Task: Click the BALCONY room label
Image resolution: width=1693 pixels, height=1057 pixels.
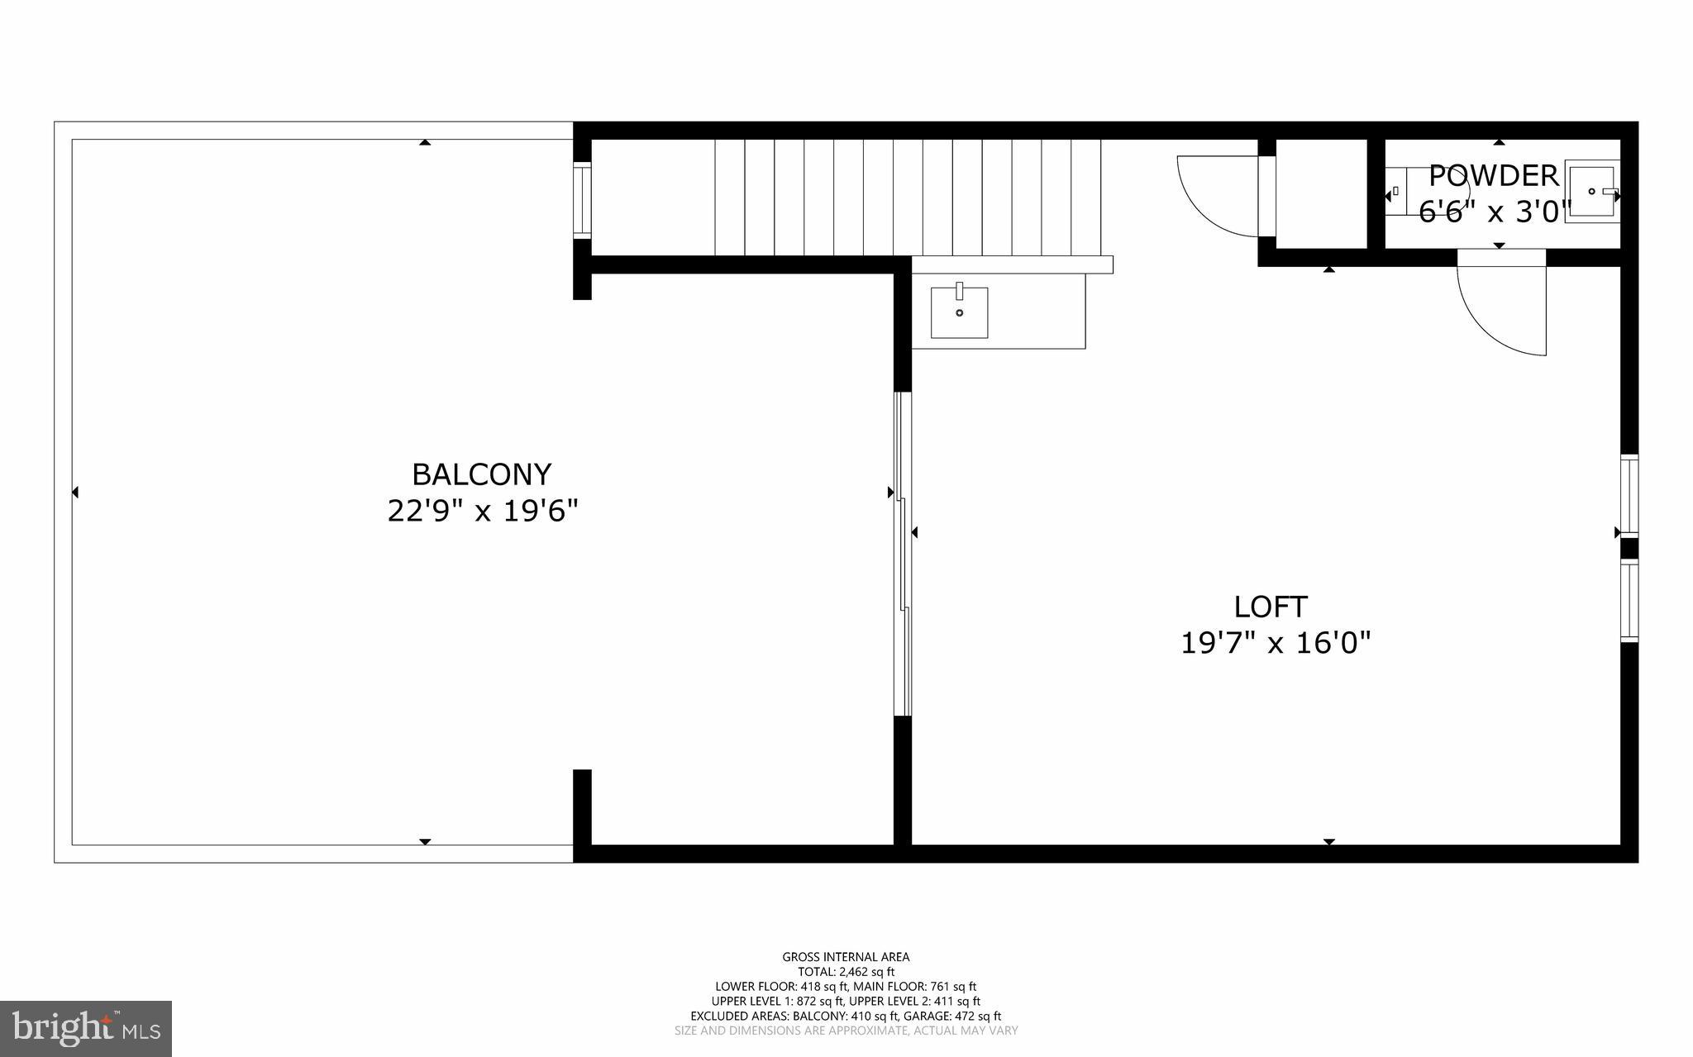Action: [x=481, y=474]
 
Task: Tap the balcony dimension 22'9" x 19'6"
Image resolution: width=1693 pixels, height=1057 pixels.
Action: [x=482, y=512]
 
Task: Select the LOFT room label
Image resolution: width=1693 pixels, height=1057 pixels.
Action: [x=1271, y=607]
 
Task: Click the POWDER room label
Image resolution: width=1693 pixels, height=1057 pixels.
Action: [x=1493, y=176]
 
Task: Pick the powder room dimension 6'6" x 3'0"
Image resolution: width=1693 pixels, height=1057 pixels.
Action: [x=1493, y=212]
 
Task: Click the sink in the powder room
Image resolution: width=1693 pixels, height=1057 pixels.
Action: [x=1591, y=192]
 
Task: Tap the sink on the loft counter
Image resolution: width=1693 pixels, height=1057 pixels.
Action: [x=960, y=312]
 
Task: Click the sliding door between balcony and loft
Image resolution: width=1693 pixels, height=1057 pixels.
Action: [x=904, y=554]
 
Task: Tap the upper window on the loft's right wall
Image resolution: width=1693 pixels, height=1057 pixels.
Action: [x=1629, y=495]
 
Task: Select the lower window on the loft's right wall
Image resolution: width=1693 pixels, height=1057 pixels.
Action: [x=1629, y=601]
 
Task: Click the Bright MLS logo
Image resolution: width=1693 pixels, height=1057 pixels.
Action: [x=86, y=1028]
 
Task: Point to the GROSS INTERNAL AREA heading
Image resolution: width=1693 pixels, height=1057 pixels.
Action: [x=846, y=957]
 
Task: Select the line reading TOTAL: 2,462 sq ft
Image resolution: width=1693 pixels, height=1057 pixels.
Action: [x=846, y=972]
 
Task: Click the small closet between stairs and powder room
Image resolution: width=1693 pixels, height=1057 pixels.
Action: [x=1321, y=193]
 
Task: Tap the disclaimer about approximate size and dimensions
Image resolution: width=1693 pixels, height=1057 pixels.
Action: [x=846, y=1031]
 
